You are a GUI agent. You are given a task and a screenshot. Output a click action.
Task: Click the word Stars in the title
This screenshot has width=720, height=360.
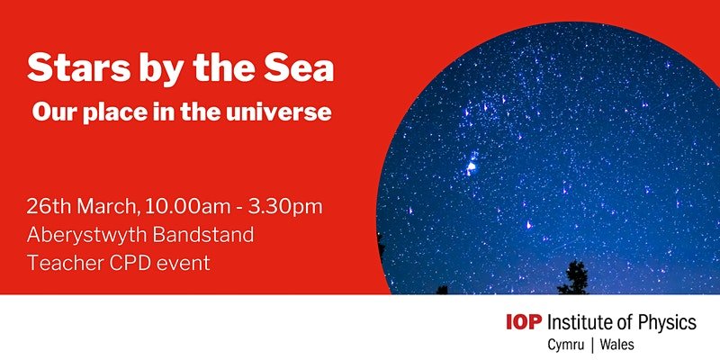73,68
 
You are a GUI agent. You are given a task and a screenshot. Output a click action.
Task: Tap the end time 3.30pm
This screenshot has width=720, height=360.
284,208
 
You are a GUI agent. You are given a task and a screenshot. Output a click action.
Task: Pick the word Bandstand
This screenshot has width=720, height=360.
203,235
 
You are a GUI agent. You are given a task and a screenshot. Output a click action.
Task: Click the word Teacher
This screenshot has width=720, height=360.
59,263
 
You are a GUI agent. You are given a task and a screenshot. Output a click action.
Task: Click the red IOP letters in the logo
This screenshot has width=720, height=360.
524,322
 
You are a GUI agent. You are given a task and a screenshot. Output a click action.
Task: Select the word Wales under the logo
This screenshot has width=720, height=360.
617,344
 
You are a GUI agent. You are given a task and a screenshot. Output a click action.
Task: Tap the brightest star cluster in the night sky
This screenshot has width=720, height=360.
471,166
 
